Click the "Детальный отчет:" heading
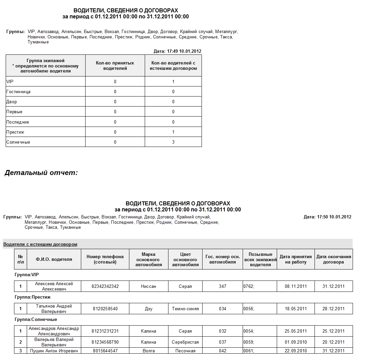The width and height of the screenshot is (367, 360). click(x=41, y=173)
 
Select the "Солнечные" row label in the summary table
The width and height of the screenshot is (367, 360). click(x=18, y=142)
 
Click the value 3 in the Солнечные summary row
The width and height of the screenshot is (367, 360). click(x=173, y=142)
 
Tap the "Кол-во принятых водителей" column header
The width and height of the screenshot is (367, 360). click(x=115, y=66)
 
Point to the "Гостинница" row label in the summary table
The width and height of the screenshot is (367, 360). click(x=18, y=92)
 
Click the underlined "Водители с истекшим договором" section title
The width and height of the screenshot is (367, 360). click(x=40, y=244)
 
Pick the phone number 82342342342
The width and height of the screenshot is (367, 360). click(x=105, y=287)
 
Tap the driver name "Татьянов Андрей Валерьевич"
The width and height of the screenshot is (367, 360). click(x=54, y=309)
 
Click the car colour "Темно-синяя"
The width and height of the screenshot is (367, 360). click(x=185, y=309)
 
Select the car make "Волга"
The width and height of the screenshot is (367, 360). click(x=148, y=351)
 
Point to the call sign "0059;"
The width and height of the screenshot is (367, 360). click(x=249, y=342)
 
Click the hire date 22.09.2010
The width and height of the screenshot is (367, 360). click(x=295, y=351)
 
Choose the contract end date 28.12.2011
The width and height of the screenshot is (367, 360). click(x=333, y=309)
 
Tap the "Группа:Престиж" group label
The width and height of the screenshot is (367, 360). click(x=32, y=297)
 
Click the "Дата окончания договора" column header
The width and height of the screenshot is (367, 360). click(x=334, y=259)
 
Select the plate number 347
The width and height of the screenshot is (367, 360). click(x=223, y=287)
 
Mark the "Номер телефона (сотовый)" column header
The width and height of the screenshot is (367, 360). click(x=105, y=259)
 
